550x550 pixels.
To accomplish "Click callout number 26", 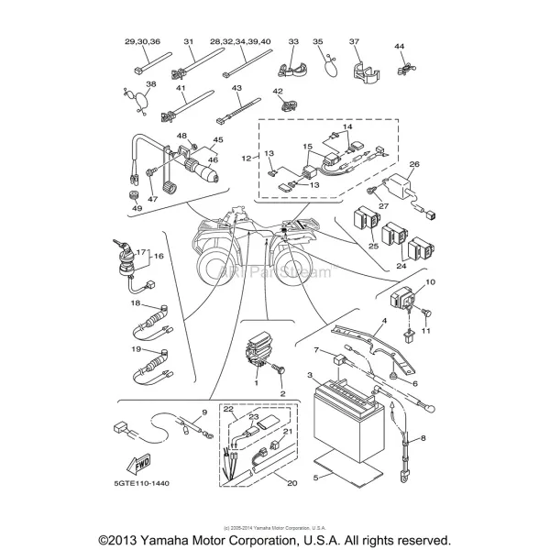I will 413,165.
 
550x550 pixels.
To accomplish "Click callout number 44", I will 400,46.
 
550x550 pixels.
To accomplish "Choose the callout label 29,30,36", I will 142,41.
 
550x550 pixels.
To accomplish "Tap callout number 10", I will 430,283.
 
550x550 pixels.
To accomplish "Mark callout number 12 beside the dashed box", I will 246,159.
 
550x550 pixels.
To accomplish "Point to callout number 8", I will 423,440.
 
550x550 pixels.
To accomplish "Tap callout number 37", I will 355,41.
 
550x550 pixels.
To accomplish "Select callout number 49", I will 137,208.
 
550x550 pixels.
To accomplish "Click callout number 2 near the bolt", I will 282,393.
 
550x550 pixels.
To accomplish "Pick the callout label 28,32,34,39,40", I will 240,41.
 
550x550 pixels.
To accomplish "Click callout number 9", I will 203,414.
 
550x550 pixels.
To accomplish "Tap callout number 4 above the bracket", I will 385,320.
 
